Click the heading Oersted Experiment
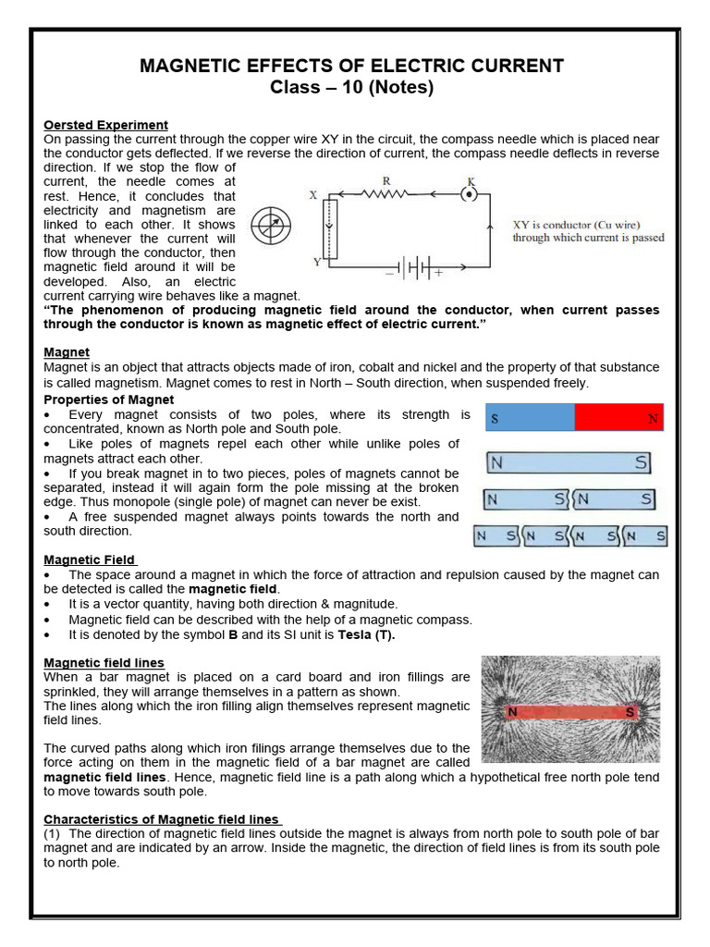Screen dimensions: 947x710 (106, 125)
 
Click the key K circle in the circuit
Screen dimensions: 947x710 (471, 195)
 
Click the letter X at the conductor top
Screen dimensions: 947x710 (313, 195)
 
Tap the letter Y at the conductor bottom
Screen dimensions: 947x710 (317, 262)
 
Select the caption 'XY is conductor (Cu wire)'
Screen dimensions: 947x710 (576, 225)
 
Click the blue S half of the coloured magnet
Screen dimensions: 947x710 (530, 418)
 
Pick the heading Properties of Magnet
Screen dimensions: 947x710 (109, 400)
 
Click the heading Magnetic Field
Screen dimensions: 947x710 (90, 560)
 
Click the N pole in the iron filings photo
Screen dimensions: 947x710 (511, 712)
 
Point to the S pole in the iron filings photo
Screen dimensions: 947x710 (630, 712)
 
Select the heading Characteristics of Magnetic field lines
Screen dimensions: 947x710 (163, 819)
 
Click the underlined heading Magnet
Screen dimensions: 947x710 (67, 352)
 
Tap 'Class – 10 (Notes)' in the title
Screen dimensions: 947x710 (351, 89)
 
